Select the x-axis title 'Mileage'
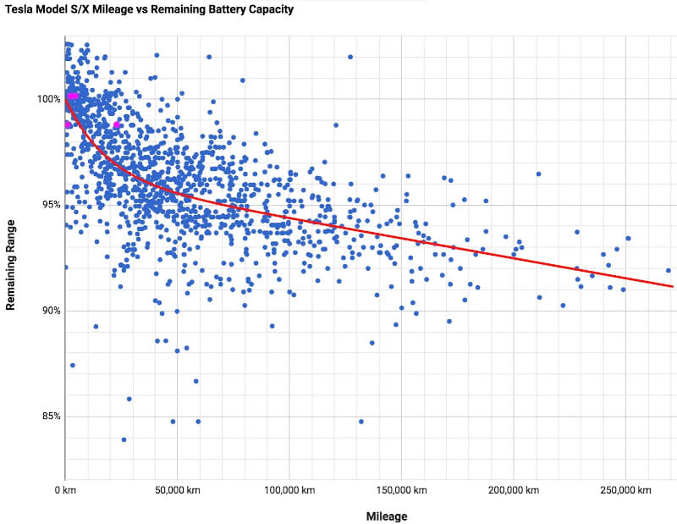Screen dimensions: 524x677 pyautogui.click(x=388, y=516)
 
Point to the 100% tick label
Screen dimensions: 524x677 pyautogui.click(x=48, y=99)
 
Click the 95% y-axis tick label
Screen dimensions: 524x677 pyautogui.click(x=48, y=205)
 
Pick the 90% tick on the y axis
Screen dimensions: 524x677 pyautogui.click(x=48, y=311)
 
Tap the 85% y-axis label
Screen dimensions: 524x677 pyautogui.click(x=48, y=416)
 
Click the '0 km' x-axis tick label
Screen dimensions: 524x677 pyautogui.click(x=66, y=490)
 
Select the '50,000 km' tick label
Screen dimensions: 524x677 pyautogui.click(x=177, y=490)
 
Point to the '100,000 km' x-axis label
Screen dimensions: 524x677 pyautogui.click(x=289, y=490)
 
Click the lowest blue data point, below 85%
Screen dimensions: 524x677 pyautogui.click(x=124, y=439)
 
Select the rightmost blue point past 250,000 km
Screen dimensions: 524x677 pyautogui.click(x=668, y=270)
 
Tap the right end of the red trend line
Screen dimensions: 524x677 pyautogui.click(x=672, y=286)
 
